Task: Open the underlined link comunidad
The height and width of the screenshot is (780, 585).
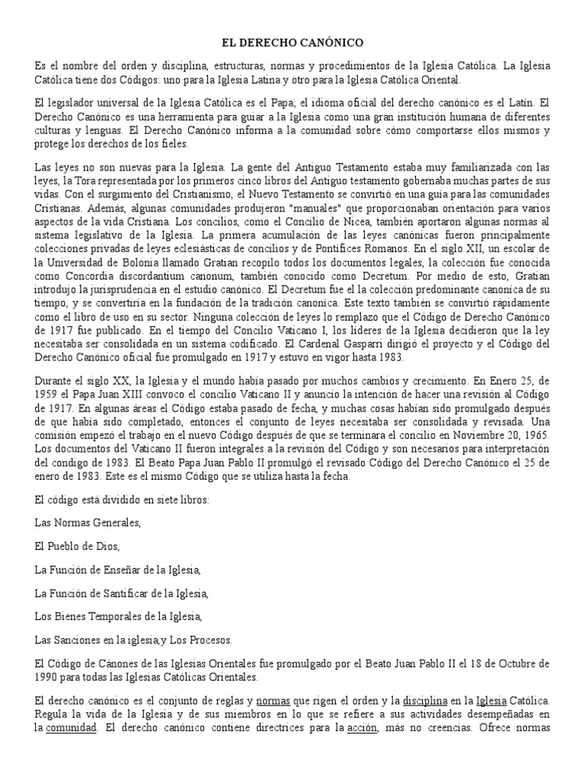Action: click(x=71, y=728)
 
